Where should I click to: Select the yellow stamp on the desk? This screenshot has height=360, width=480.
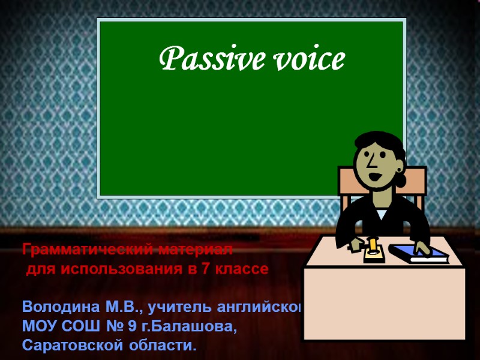pyautogui.click(x=373, y=248)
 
